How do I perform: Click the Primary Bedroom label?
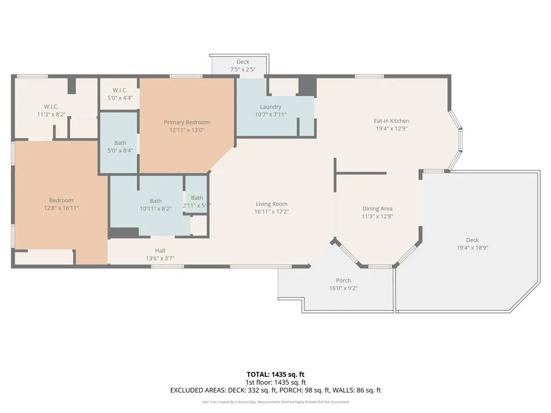(x=187, y=123)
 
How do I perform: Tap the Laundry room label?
(x=271, y=107)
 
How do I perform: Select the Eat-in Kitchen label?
(x=392, y=121)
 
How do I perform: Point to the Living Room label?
(x=271, y=204)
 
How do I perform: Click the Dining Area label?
(x=377, y=209)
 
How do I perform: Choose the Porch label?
(x=343, y=281)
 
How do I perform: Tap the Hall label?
(x=160, y=251)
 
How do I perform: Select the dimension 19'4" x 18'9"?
(x=472, y=248)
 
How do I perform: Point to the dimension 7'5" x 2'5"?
(x=243, y=69)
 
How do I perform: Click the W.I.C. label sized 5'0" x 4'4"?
(x=119, y=90)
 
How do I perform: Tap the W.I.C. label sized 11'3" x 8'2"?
(x=51, y=106)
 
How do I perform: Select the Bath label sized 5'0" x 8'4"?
(x=120, y=143)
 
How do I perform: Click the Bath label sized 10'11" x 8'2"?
(x=156, y=201)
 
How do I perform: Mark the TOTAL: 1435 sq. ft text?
(x=275, y=374)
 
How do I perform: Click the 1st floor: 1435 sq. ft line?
(x=275, y=382)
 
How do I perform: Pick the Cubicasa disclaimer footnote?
(x=275, y=402)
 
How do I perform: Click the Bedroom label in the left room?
(x=61, y=201)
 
